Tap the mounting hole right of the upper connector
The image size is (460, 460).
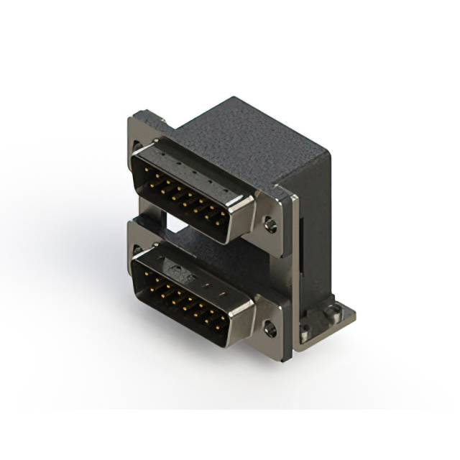click(270, 225)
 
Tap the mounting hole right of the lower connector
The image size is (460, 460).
click(270, 330)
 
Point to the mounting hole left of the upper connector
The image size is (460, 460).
click(137, 147)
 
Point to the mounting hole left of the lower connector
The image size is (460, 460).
click(137, 251)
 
